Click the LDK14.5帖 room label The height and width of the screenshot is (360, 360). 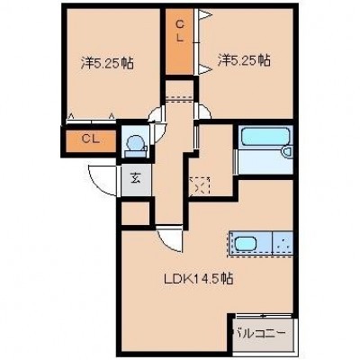(x=198, y=279)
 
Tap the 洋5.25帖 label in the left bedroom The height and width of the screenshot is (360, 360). (x=107, y=63)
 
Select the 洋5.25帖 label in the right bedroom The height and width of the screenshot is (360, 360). (x=244, y=60)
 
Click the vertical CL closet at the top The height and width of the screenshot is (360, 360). (x=180, y=41)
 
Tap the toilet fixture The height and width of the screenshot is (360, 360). (x=135, y=146)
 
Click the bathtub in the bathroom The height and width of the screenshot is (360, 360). (x=264, y=138)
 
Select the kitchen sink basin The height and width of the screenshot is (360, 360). (x=246, y=244)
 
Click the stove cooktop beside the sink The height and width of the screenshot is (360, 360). (x=283, y=243)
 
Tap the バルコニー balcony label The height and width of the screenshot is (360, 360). (x=259, y=333)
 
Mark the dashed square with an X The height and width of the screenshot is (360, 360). (x=199, y=186)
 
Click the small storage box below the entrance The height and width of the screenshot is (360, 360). (x=136, y=213)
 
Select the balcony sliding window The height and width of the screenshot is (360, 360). (x=263, y=316)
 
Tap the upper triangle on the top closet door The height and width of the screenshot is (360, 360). (x=206, y=14)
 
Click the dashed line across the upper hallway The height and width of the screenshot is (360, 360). (x=179, y=98)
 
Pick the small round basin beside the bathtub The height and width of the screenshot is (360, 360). (x=287, y=152)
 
